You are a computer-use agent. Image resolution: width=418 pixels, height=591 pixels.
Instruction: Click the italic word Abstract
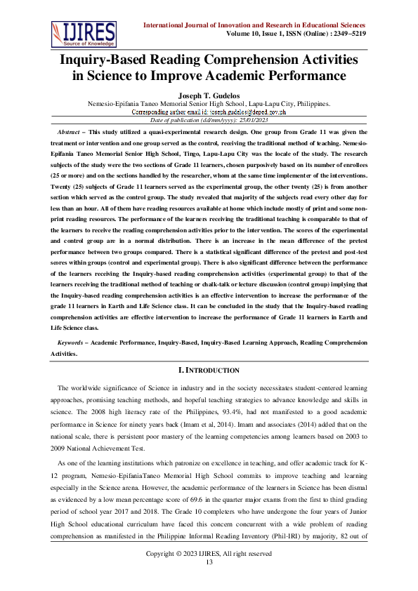(68, 132)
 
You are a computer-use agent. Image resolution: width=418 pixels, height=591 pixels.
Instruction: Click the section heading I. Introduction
(209, 370)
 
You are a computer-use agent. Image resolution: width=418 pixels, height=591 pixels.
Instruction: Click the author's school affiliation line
(209, 103)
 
